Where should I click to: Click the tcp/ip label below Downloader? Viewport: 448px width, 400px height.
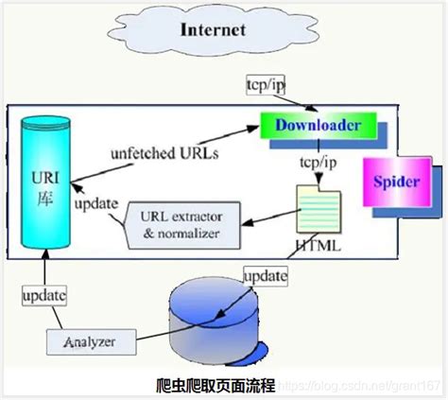316,162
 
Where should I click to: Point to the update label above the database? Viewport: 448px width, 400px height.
264,275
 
